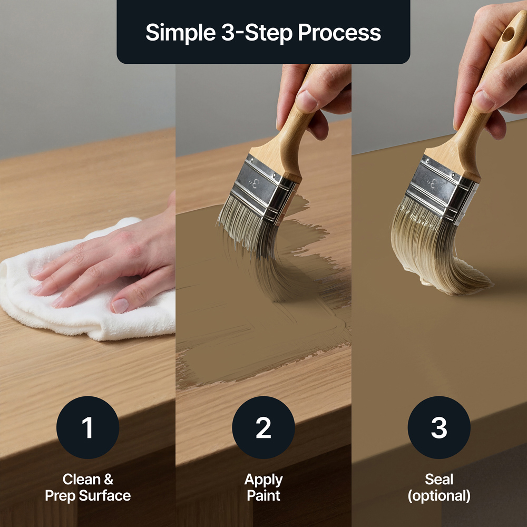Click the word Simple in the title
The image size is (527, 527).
(180, 33)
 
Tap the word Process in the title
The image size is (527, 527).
(339, 33)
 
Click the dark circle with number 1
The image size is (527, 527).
(87, 427)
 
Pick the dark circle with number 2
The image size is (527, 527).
(263, 427)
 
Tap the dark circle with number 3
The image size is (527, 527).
(439, 427)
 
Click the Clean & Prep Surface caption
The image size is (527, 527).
(87, 487)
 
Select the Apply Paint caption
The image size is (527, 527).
(263, 487)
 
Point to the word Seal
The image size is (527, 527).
(439, 479)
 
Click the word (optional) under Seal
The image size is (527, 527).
(439, 496)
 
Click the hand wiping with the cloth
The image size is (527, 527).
(111, 259)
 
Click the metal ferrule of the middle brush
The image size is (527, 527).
(261, 189)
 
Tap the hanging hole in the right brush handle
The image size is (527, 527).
(508, 34)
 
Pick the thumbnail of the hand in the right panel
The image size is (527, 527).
(483, 101)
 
